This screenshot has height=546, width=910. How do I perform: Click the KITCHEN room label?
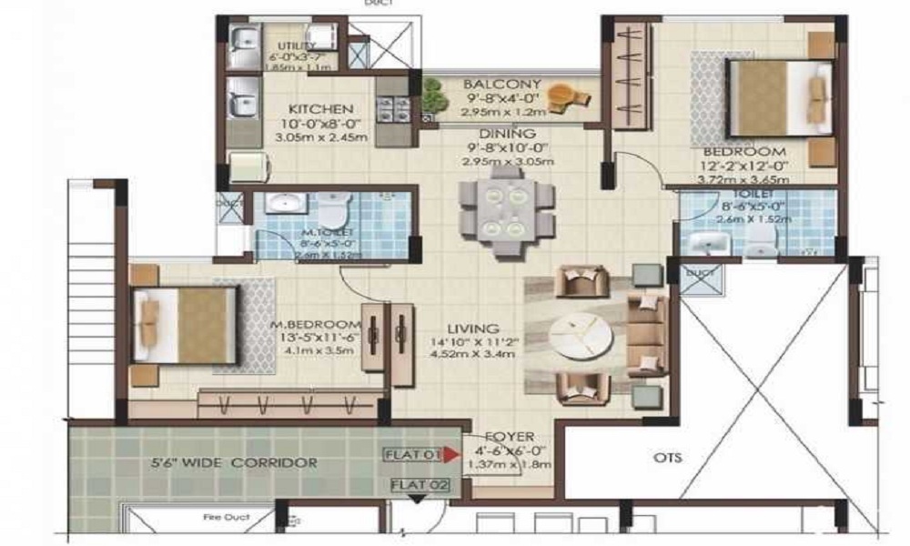tap(316, 109)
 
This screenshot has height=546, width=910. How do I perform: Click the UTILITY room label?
tap(296, 46)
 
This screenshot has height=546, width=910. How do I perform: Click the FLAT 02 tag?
tap(420, 484)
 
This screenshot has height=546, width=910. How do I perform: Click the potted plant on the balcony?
tap(431, 91)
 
